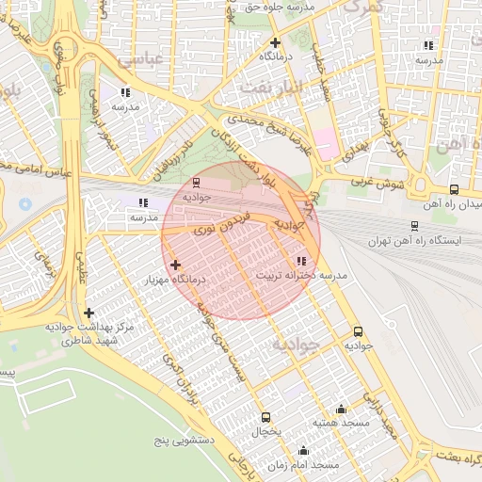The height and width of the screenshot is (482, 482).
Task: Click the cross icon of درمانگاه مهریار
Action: point(175,265)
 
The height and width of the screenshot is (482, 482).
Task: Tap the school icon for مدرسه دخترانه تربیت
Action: point(301,261)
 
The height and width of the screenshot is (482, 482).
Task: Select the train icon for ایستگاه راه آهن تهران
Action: point(414,226)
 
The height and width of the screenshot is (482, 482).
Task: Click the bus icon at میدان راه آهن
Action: point(454,189)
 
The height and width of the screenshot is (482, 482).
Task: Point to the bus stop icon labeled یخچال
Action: point(265,417)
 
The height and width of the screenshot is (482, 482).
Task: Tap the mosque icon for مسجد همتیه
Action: point(341,410)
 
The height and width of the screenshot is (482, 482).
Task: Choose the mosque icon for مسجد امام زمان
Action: point(303,451)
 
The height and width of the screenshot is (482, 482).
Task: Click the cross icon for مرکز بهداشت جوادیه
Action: point(88,313)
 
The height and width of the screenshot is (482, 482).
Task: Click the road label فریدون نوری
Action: point(222,223)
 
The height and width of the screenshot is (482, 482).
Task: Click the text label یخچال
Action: point(265,431)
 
